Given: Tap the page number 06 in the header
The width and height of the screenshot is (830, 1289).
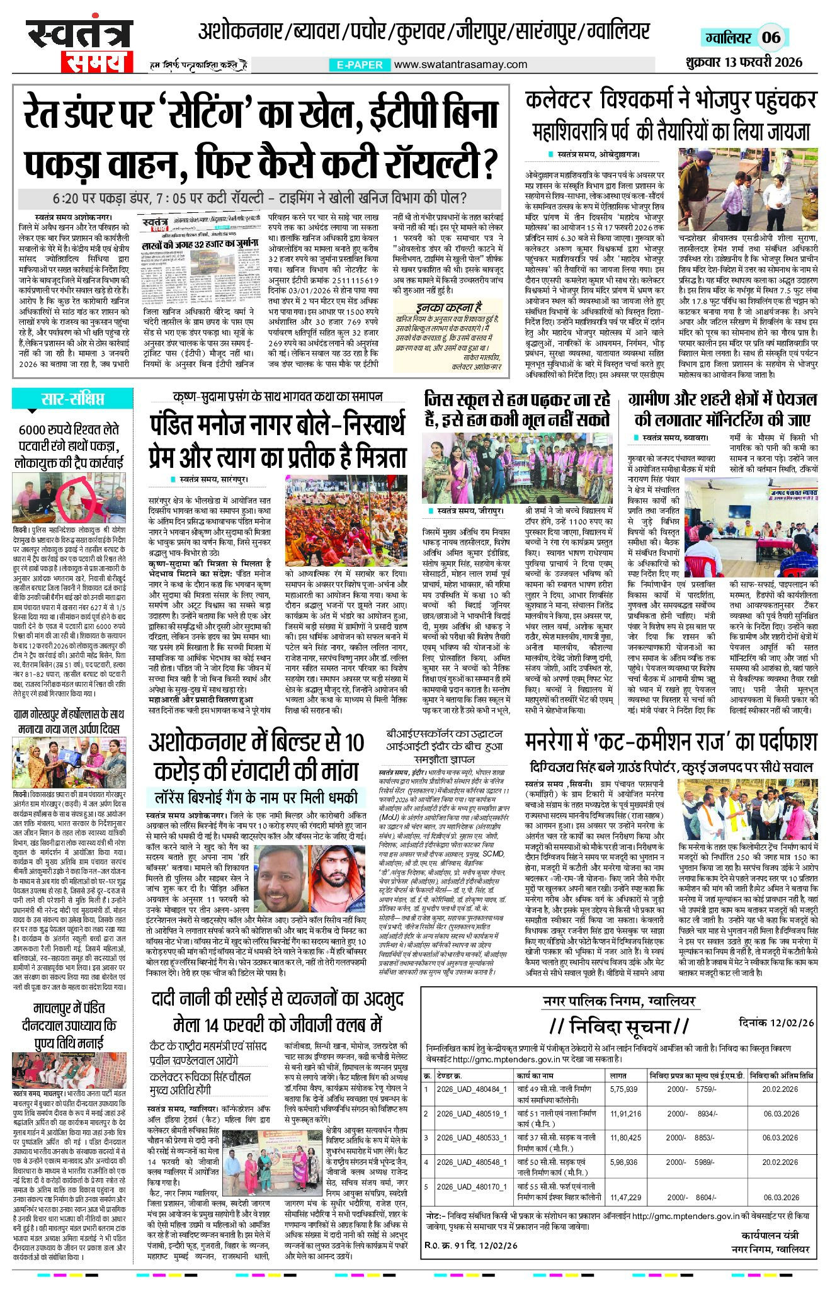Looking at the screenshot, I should point(771,38).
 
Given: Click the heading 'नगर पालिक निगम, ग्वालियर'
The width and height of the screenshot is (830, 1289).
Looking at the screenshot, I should point(619,1001).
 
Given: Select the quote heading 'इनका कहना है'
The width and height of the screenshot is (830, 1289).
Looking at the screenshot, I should point(448,307).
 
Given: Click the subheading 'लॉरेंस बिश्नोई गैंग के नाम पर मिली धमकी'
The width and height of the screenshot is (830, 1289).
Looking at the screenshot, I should point(256,797).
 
